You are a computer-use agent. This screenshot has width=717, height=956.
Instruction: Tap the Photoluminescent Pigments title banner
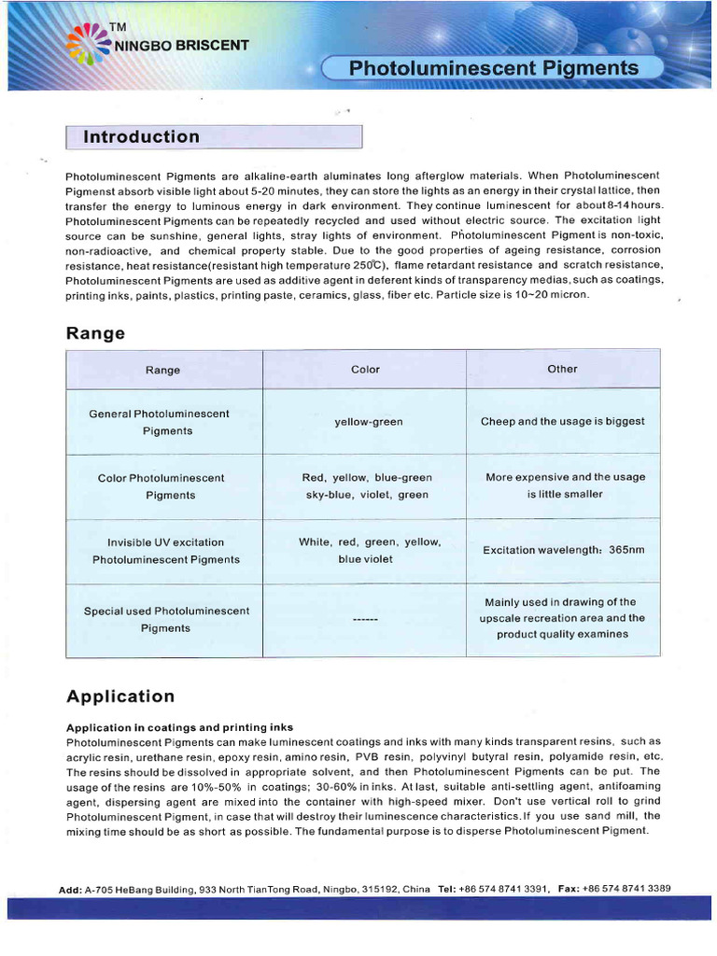pyautogui.click(x=493, y=68)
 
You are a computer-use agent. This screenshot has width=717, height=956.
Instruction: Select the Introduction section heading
pyautogui.click(x=142, y=137)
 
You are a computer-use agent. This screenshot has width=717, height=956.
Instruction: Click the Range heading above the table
pyautogui.click(x=95, y=333)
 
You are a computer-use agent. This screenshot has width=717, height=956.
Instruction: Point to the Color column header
pyautogui.click(x=365, y=370)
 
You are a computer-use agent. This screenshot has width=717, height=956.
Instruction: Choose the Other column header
pyautogui.click(x=562, y=369)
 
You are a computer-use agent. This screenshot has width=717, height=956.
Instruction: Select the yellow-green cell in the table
pyautogui.click(x=369, y=422)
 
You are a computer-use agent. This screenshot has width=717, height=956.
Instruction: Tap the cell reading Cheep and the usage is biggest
pyautogui.click(x=562, y=421)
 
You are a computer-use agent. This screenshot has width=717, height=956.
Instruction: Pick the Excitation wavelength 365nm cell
pyautogui.click(x=563, y=550)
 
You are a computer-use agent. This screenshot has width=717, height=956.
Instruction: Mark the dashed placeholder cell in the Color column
pyautogui.click(x=365, y=620)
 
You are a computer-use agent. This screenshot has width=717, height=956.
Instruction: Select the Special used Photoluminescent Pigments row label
pyautogui.click(x=166, y=619)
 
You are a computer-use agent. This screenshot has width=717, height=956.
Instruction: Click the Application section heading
pyautogui.click(x=120, y=696)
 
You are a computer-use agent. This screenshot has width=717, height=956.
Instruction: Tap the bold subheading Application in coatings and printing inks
pyautogui.click(x=179, y=727)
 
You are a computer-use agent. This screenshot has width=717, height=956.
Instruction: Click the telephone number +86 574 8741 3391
pyautogui.click(x=503, y=890)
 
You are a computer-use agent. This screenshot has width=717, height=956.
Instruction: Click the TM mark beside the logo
pyautogui.click(x=118, y=27)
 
